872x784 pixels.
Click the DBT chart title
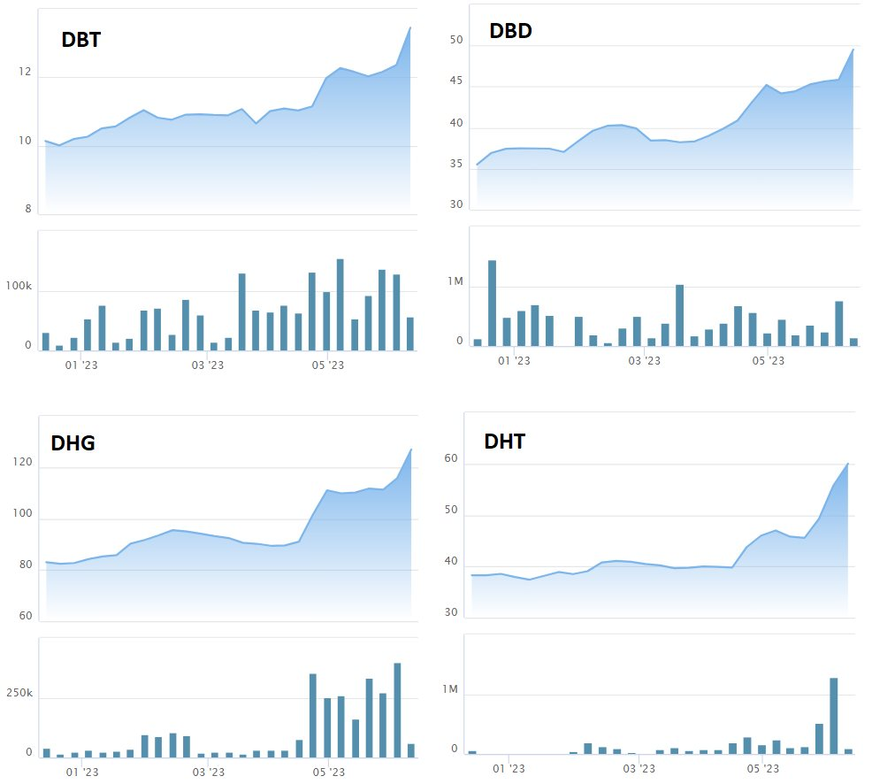click(x=80, y=40)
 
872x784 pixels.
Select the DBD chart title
click(x=510, y=32)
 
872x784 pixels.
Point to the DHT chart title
click(x=504, y=442)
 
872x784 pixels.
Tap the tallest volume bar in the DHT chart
click(x=833, y=715)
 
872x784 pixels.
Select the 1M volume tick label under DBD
click(x=455, y=281)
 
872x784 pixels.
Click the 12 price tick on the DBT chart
click(x=26, y=73)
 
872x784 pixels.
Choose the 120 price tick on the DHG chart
click(x=22, y=463)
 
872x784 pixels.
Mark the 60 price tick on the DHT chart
click(x=451, y=458)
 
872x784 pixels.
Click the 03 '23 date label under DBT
click(x=209, y=363)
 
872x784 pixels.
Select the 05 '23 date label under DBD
click(x=768, y=360)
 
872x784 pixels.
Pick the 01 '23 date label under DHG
click(x=82, y=772)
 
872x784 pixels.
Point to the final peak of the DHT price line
click(x=847, y=464)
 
